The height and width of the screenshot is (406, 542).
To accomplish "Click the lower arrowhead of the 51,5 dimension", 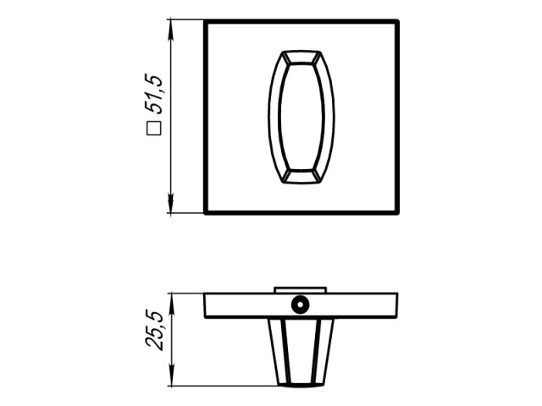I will click(x=172, y=208).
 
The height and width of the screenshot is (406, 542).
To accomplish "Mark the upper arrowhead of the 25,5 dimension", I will click(x=172, y=299).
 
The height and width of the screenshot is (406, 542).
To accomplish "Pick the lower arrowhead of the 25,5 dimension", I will click(x=172, y=381).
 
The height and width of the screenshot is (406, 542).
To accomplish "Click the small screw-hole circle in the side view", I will click(x=299, y=304).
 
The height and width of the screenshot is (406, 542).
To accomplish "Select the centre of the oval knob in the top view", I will click(x=301, y=117).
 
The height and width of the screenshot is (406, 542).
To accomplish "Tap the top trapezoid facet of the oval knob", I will click(x=301, y=57).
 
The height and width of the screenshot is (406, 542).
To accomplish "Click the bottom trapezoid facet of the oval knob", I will click(x=301, y=176).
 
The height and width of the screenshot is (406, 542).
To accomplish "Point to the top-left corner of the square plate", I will click(x=206, y=22).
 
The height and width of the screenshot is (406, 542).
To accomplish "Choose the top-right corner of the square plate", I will click(x=397, y=22).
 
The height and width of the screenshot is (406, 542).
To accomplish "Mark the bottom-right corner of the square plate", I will click(x=397, y=212).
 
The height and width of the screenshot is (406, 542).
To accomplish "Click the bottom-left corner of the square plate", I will click(x=206, y=212).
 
